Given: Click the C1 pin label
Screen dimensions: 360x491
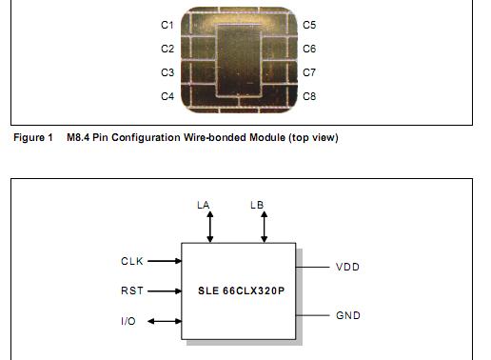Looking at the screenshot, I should coord(167,24).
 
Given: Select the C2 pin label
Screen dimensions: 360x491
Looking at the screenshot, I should coord(167,49).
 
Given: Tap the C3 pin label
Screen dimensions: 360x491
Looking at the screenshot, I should coord(167,72).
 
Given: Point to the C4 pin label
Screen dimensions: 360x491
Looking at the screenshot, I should coord(167,96).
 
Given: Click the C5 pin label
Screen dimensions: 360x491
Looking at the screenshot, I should coord(309,24).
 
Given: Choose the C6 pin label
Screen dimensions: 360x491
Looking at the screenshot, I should coord(309,49).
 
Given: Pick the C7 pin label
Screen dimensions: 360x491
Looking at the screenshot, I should coord(309,72).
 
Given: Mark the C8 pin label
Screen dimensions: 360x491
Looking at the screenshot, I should coord(309,96).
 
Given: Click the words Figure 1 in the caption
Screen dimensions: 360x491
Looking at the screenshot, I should coord(32,138).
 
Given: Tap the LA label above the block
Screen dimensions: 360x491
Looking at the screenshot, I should coord(203,205).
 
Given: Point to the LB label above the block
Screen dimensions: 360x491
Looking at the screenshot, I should coord(257,205).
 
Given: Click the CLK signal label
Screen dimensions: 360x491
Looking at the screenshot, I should coord(132,260).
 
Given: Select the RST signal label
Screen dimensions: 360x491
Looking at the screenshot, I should coord(132,290).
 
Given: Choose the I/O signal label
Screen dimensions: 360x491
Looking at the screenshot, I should coord(128,321).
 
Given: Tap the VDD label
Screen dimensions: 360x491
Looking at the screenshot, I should coord(348,268).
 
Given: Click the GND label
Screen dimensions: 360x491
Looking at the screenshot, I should coord(348,314).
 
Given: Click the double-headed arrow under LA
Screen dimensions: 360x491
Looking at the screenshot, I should coord(210,228).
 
